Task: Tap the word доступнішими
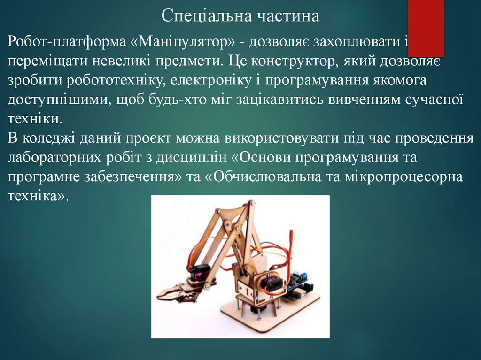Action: click(58, 100)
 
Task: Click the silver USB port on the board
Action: click(295, 295)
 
